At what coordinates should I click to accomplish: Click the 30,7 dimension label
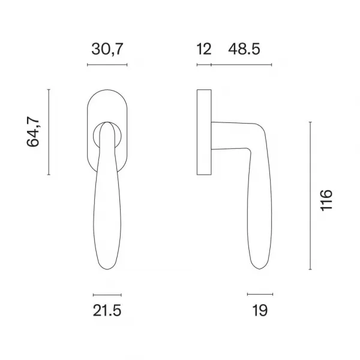coord(107,49)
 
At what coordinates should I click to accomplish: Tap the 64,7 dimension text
coord(33,132)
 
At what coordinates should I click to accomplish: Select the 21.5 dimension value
coord(107,310)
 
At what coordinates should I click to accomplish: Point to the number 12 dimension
coord(204,49)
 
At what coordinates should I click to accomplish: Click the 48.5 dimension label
coord(244,49)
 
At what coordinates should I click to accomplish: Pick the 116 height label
coord(326,200)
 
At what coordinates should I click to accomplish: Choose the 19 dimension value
coord(260,310)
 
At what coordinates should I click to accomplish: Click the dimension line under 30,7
coord(107,65)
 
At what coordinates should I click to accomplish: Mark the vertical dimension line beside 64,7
coord(49,132)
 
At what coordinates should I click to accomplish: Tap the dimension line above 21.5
coord(107,295)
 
